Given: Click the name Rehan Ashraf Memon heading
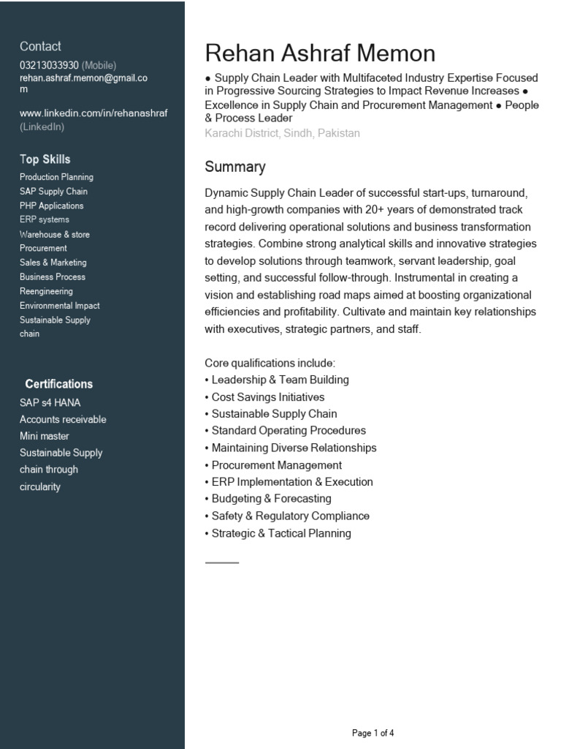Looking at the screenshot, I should click(x=320, y=53).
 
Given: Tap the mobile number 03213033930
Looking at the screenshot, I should click(x=49, y=65).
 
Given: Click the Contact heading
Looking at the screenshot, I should click(x=40, y=46).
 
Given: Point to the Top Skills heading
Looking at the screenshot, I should click(x=45, y=159).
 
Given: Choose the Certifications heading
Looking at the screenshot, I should click(x=58, y=384).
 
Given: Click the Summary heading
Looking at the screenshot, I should click(x=234, y=167).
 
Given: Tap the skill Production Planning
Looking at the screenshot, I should click(x=56, y=177).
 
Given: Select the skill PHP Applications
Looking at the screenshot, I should click(x=51, y=206).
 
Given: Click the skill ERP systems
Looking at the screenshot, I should click(x=45, y=219).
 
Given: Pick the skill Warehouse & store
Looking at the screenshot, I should click(x=55, y=234).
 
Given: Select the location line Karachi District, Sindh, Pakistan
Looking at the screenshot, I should click(x=282, y=133).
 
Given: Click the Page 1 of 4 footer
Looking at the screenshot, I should click(x=373, y=733).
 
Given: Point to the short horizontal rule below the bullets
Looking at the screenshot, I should click(x=222, y=562).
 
